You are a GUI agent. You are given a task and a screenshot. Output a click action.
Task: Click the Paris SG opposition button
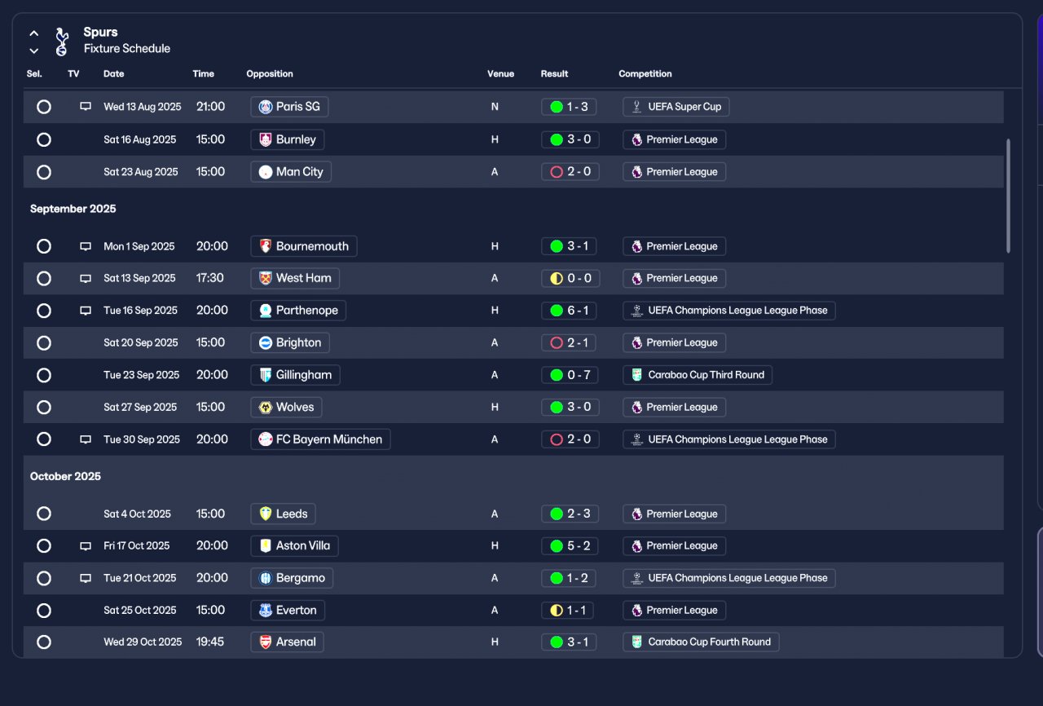click(289, 107)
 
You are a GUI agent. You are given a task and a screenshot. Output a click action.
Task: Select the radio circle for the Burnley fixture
click(44, 139)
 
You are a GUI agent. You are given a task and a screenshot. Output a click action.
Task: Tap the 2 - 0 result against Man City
click(570, 172)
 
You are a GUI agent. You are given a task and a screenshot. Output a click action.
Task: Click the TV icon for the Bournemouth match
click(86, 246)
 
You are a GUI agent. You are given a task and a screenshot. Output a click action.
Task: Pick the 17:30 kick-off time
click(210, 278)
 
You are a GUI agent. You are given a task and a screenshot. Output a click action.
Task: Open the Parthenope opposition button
click(298, 311)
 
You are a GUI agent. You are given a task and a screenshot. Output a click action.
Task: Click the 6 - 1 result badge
click(570, 311)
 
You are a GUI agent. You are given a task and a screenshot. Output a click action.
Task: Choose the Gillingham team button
click(295, 375)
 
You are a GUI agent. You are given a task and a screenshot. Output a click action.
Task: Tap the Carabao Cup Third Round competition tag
click(698, 375)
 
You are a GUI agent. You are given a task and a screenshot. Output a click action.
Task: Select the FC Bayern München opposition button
click(320, 439)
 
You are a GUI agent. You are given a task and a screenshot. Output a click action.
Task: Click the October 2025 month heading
click(65, 476)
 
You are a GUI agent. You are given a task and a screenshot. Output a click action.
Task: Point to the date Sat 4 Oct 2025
click(137, 514)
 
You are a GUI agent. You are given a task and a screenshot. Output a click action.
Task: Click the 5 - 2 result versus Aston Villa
click(570, 546)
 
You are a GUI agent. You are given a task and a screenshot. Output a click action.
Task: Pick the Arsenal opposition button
click(287, 642)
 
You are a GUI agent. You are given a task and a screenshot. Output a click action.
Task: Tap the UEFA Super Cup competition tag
click(676, 107)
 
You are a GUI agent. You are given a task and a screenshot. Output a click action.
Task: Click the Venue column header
click(500, 74)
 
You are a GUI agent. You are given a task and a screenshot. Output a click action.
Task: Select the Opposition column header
click(270, 74)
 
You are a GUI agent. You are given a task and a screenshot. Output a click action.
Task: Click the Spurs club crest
click(62, 42)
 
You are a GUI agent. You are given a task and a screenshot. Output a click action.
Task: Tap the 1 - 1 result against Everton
click(570, 611)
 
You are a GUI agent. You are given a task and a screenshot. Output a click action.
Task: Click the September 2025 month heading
click(73, 210)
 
